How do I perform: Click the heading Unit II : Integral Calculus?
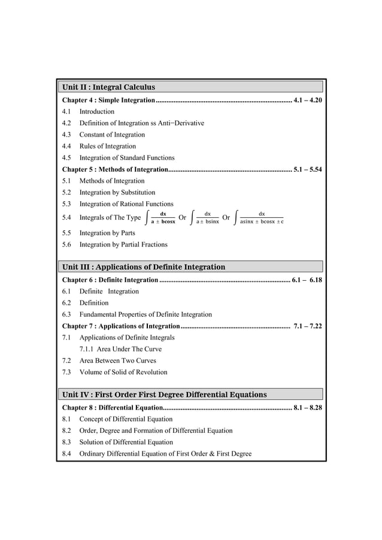click(108, 87)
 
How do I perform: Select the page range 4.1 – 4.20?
click(308, 100)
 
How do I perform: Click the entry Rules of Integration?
click(107, 146)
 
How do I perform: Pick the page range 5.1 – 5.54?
click(308, 169)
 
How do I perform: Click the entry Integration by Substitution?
click(117, 193)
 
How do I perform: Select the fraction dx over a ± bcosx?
click(163, 217)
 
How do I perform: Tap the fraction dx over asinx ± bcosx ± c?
click(261, 217)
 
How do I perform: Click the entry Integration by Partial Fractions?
click(123, 244)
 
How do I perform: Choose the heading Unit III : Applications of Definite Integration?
click(144, 267)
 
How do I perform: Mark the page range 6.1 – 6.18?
click(307, 280)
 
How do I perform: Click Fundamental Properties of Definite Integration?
click(145, 314)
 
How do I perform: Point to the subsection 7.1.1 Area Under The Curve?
click(120, 349)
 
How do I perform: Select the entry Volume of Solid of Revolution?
click(123, 372)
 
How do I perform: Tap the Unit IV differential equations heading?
click(165, 395)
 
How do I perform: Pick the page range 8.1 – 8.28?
click(308, 408)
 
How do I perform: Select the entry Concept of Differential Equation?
click(126, 419)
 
